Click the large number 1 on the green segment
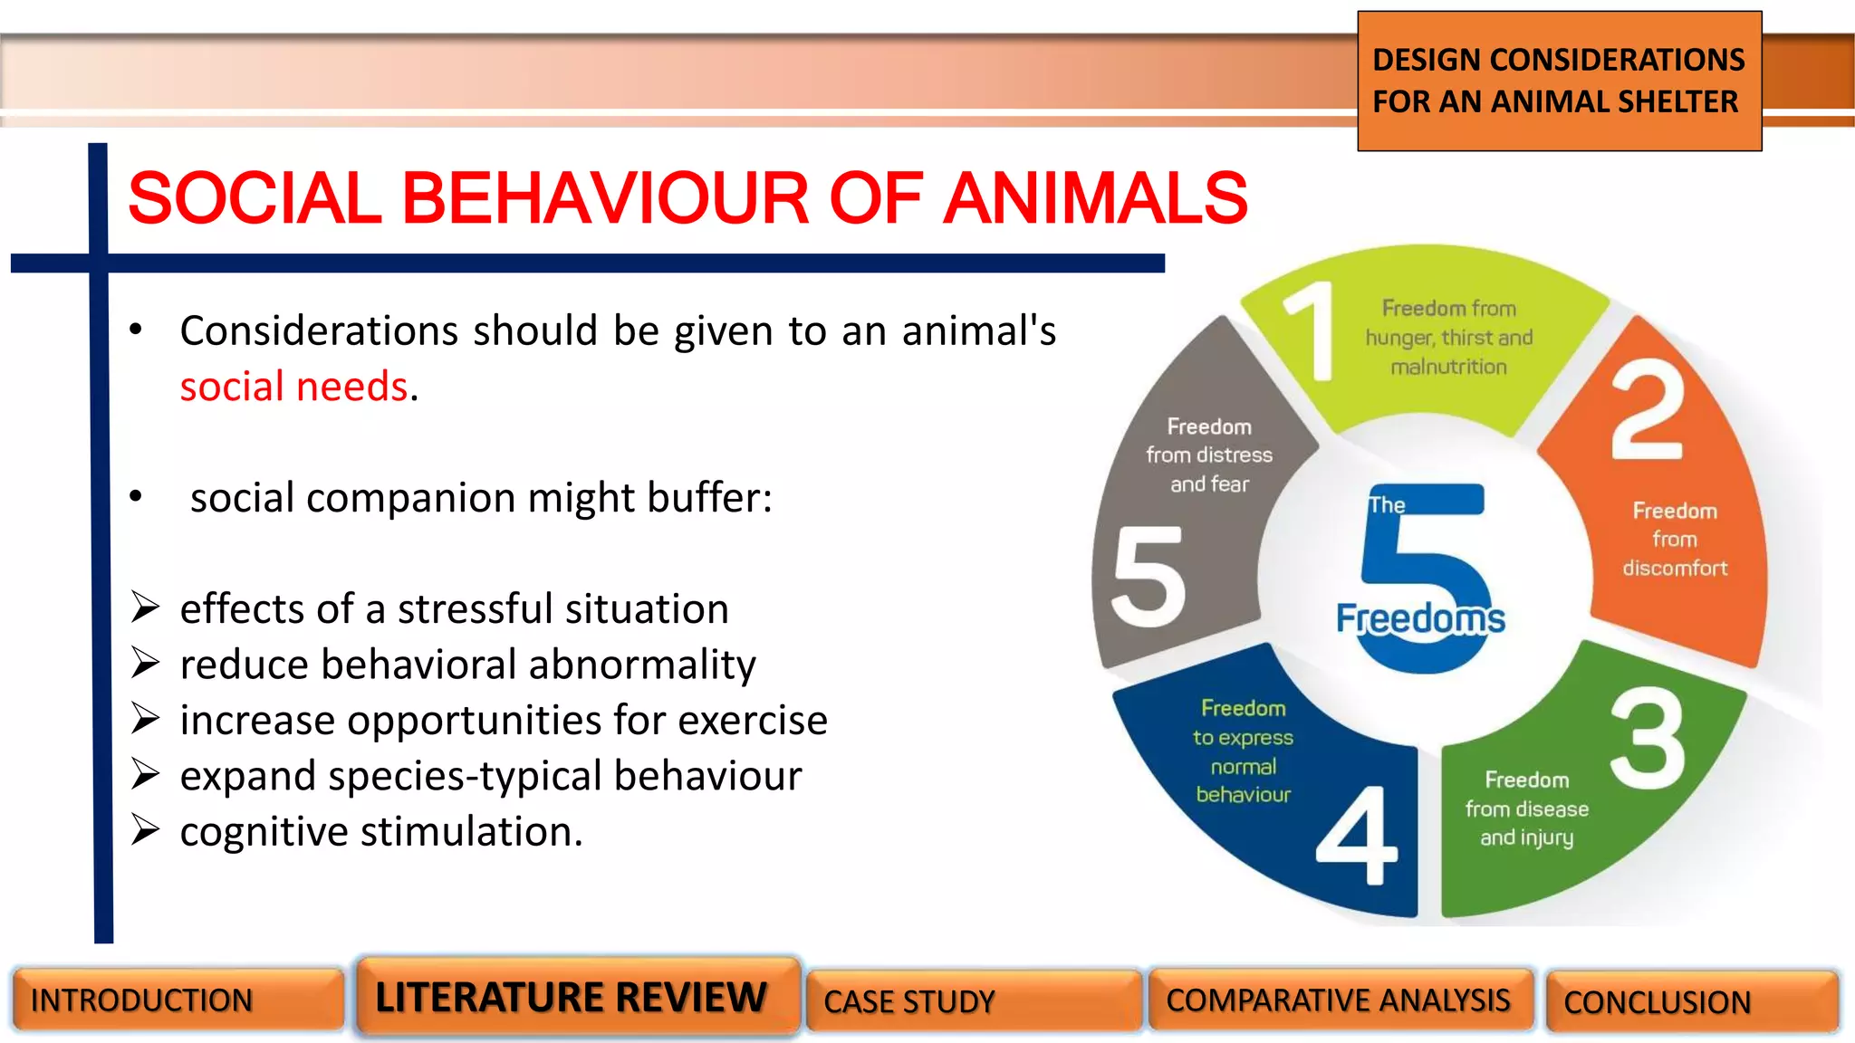[1312, 331]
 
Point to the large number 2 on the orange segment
[1648, 409]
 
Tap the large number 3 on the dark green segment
[1648, 737]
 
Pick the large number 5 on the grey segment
[1149, 577]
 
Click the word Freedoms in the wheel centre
[1420, 619]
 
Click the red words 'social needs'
[294, 387]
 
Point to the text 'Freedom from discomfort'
[1675, 540]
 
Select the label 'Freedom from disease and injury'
[1527, 809]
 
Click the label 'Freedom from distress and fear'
[1209, 455]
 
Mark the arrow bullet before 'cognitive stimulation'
[145, 830]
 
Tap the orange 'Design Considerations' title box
[1559, 81]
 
